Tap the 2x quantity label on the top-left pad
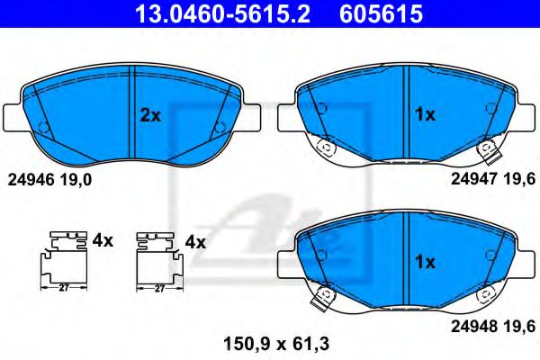(x=149, y=114)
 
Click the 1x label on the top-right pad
(x=424, y=114)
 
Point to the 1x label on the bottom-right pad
(x=424, y=263)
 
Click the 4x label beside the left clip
(x=102, y=240)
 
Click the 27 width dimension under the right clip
(x=158, y=289)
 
